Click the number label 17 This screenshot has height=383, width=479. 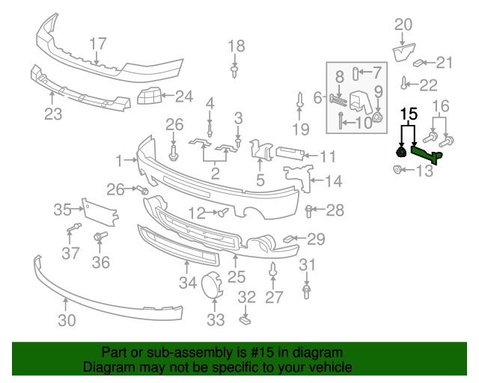[x=99, y=43]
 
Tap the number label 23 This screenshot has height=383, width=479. [x=52, y=114]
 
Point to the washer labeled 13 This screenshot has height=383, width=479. [x=396, y=171]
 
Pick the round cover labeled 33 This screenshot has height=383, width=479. [x=212, y=287]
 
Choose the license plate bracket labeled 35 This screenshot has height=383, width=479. [x=100, y=212]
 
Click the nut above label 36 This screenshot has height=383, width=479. [x=99, y=238]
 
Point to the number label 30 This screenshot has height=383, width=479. [x=67, y=322]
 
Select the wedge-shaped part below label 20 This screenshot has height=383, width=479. [x=403, y=52]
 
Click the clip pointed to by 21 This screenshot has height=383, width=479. [x=421, y=63]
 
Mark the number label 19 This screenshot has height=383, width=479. [x=299, y=130]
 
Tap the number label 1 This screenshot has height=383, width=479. [x=119, y=160]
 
